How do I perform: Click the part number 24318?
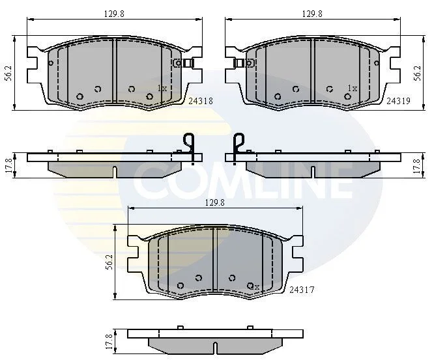tap(201, 101)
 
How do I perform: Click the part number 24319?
tap(398, 101)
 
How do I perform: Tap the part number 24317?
tap(302, 290)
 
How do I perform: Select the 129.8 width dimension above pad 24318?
tap(114, 14)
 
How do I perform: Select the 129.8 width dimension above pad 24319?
tap(312, 14)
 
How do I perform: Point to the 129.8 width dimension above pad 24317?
tap(215, 202)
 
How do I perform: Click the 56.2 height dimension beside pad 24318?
tap(9, 73)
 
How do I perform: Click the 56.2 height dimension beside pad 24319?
tap(418, 73)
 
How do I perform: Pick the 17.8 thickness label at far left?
tap(9, 165)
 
